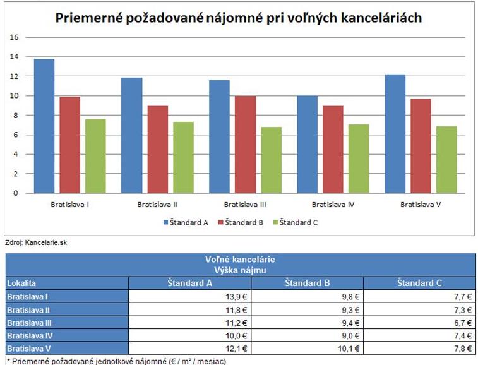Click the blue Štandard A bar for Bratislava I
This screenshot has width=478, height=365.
coord(44,126)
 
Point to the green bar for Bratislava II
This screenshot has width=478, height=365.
coord(183,157)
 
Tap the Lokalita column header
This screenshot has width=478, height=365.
coord(22,283)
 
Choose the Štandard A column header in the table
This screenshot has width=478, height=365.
coord(189,283)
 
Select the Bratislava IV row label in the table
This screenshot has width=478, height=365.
coord(31,335)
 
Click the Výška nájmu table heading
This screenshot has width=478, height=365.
coord(240,270)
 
